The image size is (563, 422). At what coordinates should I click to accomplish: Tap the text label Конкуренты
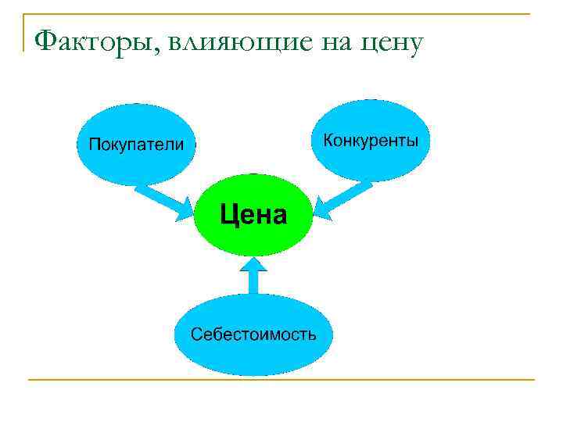tap(371, 141)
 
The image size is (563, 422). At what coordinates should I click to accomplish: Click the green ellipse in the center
tap(252, 234)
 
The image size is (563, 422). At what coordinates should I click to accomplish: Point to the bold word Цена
tap(252, 213)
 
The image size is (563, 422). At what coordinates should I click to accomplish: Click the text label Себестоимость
tap(253, 334)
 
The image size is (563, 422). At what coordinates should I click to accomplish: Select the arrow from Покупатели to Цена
tap(160, 199)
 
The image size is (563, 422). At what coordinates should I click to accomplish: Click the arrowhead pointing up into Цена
tap(252, 265)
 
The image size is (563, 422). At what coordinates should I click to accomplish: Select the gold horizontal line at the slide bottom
tap(281, 380)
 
